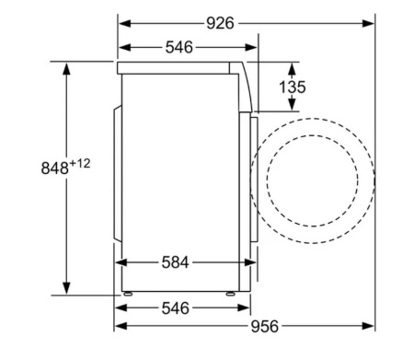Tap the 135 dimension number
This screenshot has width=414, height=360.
(x=292, y=87)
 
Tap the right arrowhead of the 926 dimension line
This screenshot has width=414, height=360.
(x=371, y=21)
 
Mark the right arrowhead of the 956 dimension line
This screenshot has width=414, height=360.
(x=373, y=326)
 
